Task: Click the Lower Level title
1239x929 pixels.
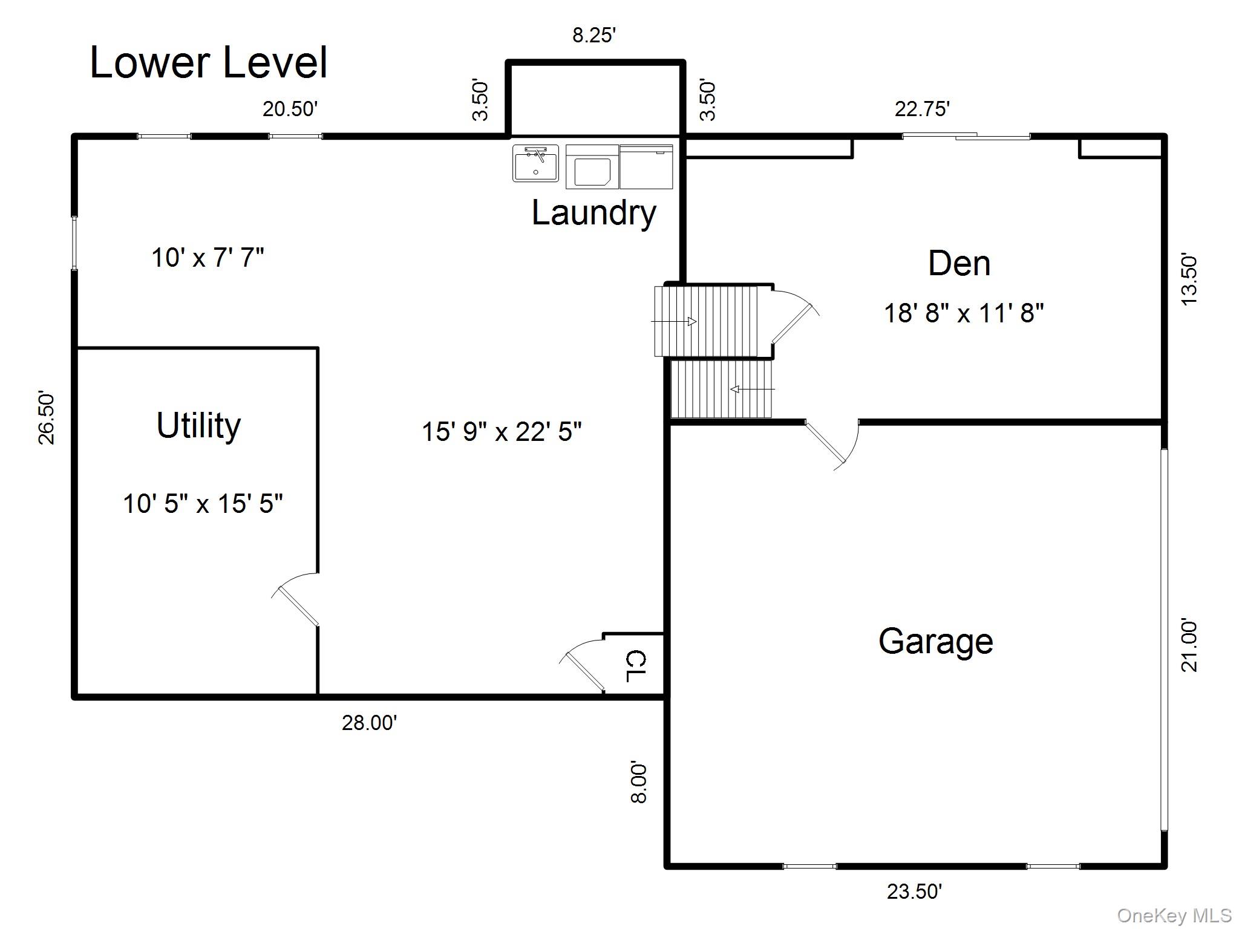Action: point(209,62)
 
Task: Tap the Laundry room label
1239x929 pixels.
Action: point(593,213)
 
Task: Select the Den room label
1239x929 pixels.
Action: point(959,264)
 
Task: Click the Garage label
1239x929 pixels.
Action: point(935,642)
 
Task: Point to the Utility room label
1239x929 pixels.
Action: point(198,426)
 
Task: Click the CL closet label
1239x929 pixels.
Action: point(636,666)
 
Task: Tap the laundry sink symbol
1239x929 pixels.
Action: point(535,163)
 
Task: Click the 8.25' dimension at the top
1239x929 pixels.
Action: point(594,36)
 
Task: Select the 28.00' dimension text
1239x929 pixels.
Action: point(369,723)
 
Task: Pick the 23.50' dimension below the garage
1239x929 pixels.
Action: point(914,892)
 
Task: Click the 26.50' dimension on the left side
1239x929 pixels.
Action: point(47,418)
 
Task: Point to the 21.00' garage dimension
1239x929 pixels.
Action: point(1189,645)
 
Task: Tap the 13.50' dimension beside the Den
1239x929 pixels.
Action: point(1189,281)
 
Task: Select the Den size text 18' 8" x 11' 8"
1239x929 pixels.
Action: point(964,313)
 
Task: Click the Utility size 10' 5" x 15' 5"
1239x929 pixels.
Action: point(203,503)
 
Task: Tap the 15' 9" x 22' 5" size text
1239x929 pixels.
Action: point(502,432)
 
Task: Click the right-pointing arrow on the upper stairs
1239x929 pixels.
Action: point(674,321)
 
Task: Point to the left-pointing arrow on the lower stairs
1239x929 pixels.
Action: point(752,390)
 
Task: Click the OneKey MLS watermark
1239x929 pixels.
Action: point(1174,916)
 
